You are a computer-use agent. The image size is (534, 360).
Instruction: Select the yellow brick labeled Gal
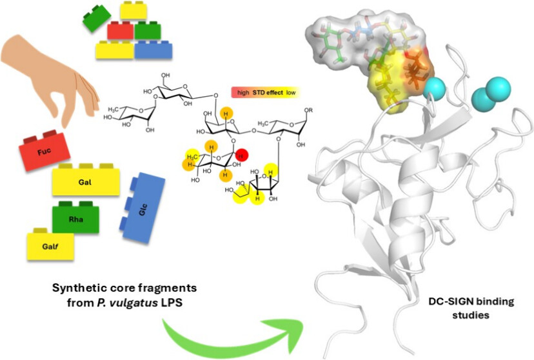[x=86, y=181]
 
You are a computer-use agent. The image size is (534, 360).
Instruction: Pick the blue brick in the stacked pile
[x=153, y=50]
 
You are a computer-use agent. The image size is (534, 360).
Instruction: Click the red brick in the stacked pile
[x=120, y=30]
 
